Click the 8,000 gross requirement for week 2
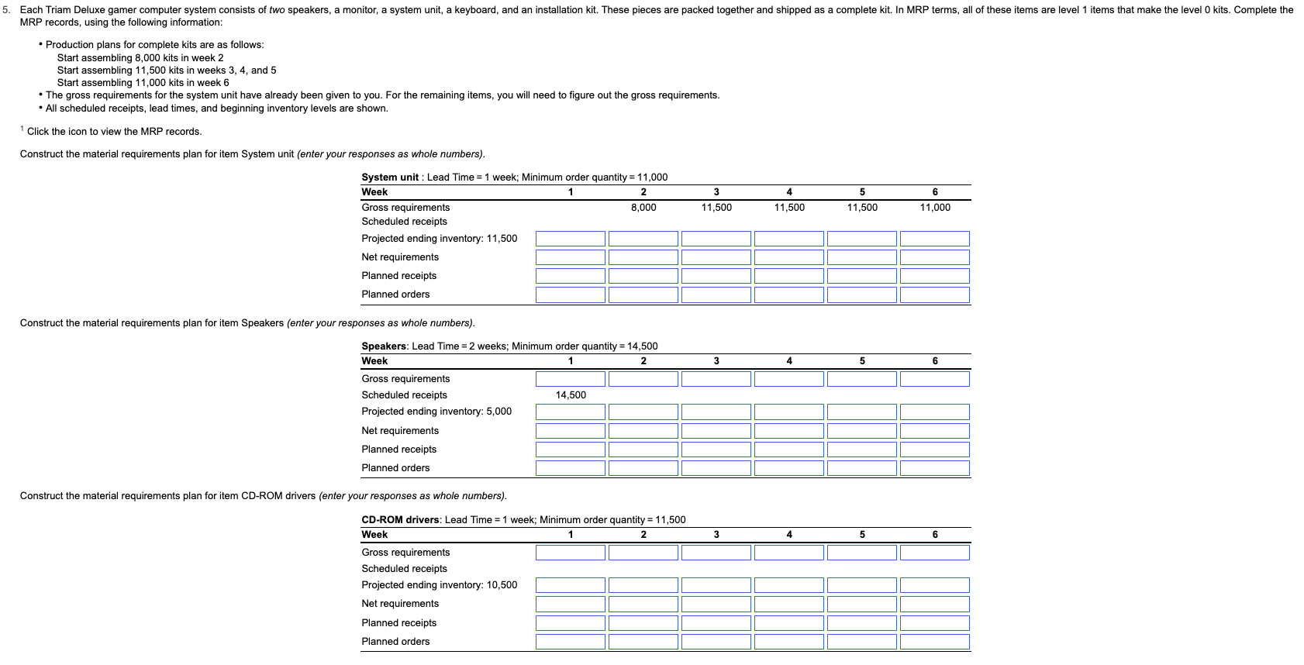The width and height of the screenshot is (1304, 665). coord(643,208)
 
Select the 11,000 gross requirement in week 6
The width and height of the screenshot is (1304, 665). coord(934,208)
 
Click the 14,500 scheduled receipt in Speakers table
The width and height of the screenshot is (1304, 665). coord(571,395)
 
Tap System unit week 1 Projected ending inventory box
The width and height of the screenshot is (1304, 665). coord(570,239)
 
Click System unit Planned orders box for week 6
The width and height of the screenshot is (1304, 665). coord(934,295)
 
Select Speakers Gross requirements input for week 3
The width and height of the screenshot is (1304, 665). coord(716,379)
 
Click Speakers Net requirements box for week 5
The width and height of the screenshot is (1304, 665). coord(861,431)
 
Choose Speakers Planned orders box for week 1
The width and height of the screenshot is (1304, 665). coord(570,468)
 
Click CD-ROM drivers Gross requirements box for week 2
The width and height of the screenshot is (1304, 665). coord(643,553)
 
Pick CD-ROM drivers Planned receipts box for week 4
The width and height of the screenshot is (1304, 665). coord(788,623)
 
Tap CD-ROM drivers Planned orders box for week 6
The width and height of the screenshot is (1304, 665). coord(934,642)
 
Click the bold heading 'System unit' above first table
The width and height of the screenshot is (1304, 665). coord(390,177)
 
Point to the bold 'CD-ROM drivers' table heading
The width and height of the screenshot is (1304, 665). coord(400,520)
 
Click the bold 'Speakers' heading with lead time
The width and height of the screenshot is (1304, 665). coord(384,346)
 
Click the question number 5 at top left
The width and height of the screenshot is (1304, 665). coord(6,10)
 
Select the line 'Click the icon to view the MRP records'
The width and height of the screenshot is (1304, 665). coord(114,132)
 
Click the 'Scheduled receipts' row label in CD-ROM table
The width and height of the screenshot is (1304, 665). coord(404,569)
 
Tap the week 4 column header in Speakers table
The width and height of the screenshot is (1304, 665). coord(788,361)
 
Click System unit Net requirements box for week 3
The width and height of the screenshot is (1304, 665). coord(716,257)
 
